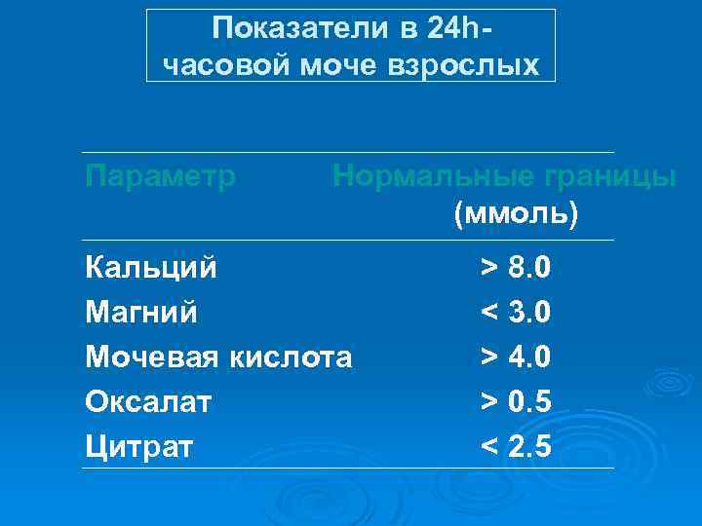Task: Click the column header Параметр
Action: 161,176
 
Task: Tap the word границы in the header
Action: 608,176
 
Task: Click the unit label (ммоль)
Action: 516,212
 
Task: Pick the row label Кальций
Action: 152,267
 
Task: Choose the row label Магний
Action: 141,313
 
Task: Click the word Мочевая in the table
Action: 152,357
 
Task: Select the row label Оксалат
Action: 148,401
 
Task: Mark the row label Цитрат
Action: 139,447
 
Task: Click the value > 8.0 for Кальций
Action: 516,267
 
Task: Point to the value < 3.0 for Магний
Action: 516,313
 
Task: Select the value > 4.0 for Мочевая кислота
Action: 516,357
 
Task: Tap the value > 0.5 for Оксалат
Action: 516,401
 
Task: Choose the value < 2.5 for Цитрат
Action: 516,447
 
